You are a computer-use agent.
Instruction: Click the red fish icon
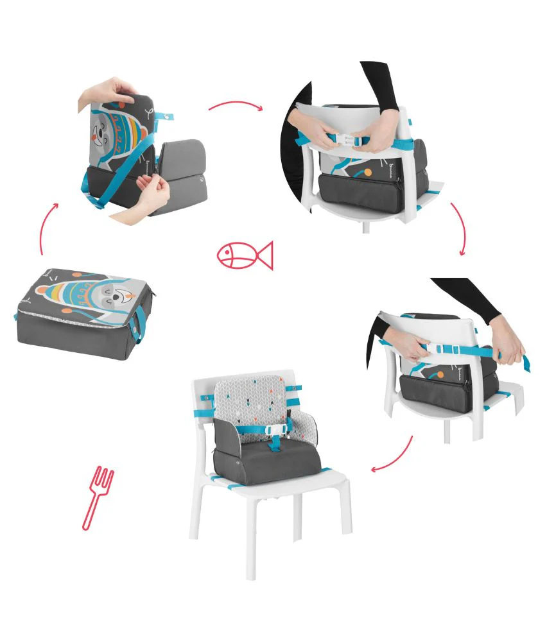pyautogui.click(x=245, y=255)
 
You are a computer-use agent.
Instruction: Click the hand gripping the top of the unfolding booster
pyautogui.click(x=104, y=90)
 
